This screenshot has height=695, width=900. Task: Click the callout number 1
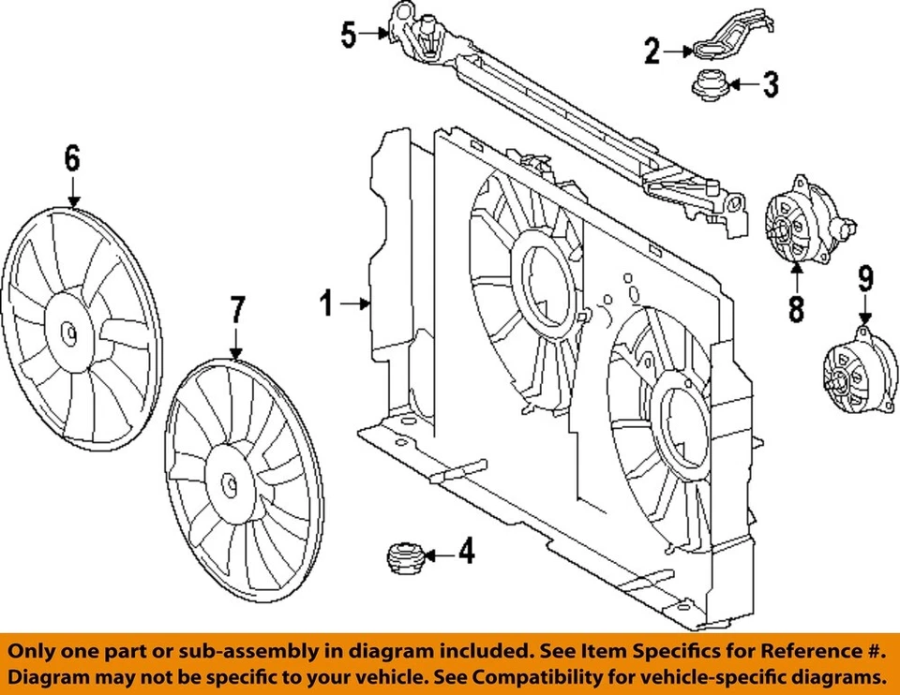(325, 303)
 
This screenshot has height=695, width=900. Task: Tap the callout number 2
(652, 51)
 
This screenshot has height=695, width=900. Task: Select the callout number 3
(770, 85)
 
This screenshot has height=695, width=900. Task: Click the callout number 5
(348, 36)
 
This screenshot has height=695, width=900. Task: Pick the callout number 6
(72, 158)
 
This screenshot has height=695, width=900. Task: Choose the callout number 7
(237, 309)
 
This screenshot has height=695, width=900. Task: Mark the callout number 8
(796, 309)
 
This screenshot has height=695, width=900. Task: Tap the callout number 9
(864, 278)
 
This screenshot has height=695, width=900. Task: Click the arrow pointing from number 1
(356, 303)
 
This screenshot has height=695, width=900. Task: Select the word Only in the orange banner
(38, 651)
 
